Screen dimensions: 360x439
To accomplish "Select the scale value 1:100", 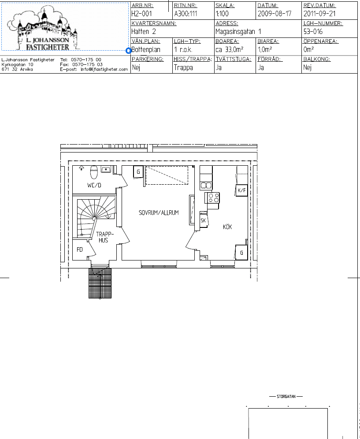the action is (x=222, y=13).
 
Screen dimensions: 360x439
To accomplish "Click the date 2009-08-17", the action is (x=275, y=13).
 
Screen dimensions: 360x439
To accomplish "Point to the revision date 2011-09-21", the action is (x=319, y=13).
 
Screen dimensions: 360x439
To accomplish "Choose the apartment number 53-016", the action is (x=313, y=31).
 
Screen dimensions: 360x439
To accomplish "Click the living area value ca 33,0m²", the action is (x=229, y=49).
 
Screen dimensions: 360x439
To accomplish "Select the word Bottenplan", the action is (x=146, y=49).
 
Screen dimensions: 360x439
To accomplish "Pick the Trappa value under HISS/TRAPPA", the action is (x=183, y=67).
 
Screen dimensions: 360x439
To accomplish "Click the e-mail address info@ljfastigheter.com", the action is (x=104, y=69).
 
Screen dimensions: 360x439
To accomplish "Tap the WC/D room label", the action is (x=94, y=185).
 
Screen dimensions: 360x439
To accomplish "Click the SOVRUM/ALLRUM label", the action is (x=159, y=213).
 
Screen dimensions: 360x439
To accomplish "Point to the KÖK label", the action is (x=228, y=227).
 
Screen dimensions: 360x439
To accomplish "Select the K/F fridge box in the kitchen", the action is (x=241, y=190).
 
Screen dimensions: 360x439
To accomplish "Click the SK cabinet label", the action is (x=203, y=220).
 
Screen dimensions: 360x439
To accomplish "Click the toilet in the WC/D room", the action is (x=94, y=172).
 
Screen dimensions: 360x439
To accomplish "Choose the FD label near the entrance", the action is (x=80, y=249).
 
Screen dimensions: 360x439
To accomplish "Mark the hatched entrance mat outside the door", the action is (x=100, y=283).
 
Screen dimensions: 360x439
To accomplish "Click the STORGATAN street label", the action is (x=286, y=396).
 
